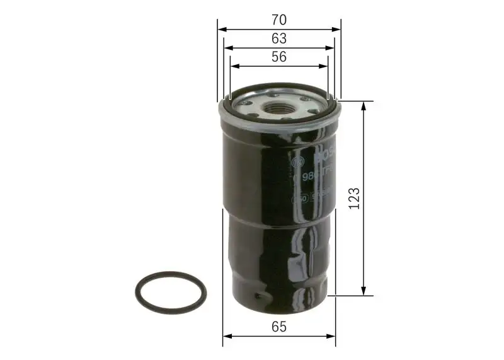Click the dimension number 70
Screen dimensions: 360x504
click(x=279, y=20)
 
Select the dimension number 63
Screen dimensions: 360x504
click(x=279, y=39)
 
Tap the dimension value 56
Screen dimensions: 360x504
click(x=279, y=57)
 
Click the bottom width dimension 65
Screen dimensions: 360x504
click(x=279, y=327)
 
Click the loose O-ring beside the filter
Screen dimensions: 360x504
click(x=170, y=291)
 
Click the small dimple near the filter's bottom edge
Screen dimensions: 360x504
click(x=256, y=296)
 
